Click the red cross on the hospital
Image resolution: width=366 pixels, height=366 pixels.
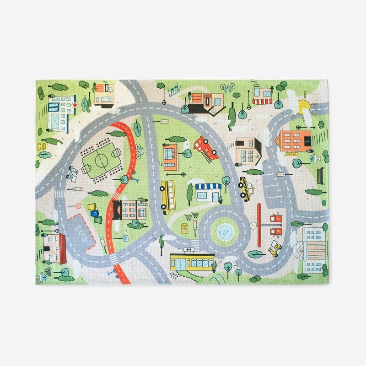pos(75,105)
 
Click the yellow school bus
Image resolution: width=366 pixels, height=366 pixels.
pos(168,196)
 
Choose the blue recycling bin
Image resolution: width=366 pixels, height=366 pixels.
pos(94,213)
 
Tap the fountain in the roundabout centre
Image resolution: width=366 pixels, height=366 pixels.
pos(224,232)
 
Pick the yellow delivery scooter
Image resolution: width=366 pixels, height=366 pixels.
pos(274,249)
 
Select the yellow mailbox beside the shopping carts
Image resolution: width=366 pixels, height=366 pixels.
pos(185,228)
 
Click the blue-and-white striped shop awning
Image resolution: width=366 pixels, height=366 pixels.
pos(208,186)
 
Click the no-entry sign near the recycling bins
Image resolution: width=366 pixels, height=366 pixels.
pos(78,205)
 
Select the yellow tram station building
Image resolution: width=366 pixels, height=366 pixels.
pos(192,262)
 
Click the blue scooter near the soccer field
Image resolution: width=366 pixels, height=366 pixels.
pos(72,173)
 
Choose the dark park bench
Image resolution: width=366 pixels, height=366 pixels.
pos(321,172)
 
